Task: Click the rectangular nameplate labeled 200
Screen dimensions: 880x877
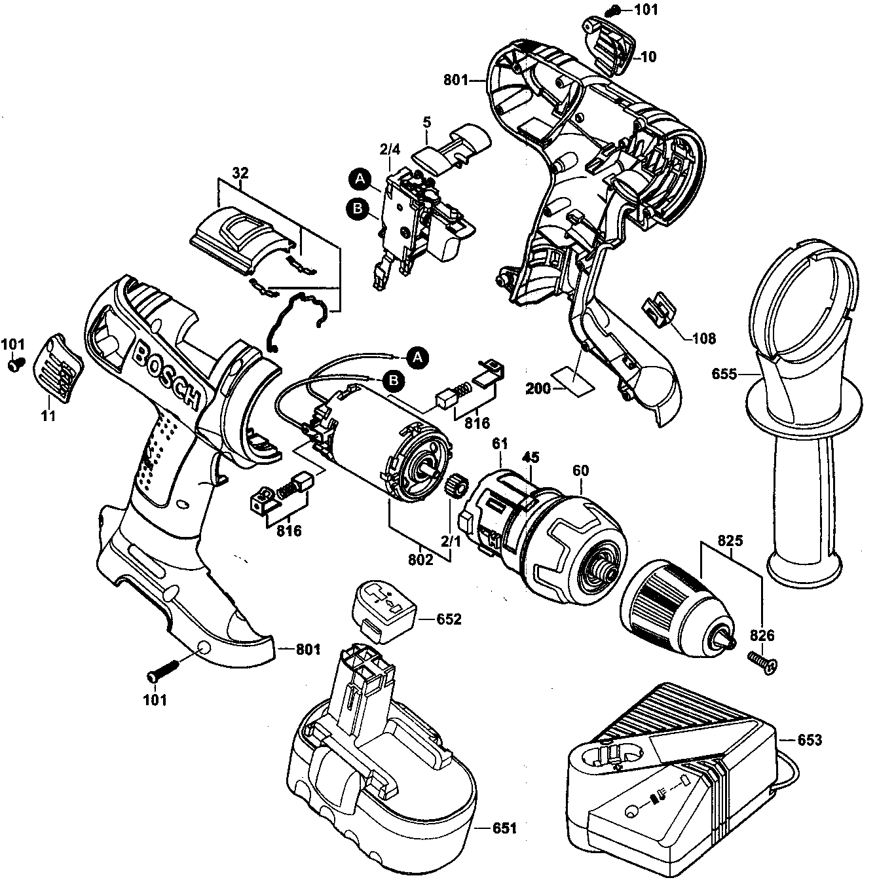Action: (x=572, y=380)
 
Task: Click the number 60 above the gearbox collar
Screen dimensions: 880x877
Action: (x=580, y=471)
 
